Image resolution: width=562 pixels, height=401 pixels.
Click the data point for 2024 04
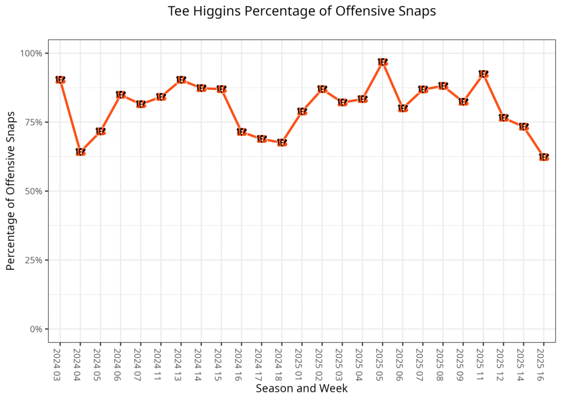point(80,152)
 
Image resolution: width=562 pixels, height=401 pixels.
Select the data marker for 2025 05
point(383,62)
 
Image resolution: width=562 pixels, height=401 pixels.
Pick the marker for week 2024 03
point(60,80)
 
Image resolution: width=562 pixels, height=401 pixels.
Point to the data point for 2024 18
point(282,143)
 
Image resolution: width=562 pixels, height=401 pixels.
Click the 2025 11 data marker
point(484,74)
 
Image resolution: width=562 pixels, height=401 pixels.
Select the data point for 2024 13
point(181,80)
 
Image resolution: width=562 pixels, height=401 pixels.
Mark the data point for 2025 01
point(302,111)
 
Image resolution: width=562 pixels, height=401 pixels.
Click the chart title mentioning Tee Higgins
point(301,12)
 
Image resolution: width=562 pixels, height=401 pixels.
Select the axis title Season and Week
point(301,388)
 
